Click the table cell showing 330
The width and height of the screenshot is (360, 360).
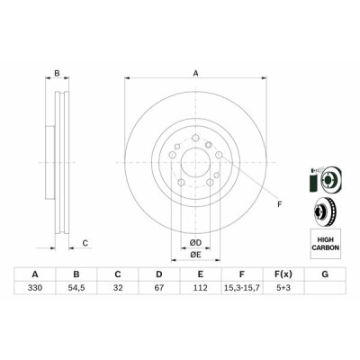point(35,288)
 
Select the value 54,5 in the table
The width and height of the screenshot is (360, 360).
point(76,288)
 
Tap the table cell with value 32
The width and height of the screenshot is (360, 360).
point(118,288)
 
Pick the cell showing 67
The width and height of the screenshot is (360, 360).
point(159,288)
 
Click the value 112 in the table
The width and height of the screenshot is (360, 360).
point(201,288)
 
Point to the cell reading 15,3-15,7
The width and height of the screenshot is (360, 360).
point(242,288)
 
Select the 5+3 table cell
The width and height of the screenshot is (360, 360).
point(283,288)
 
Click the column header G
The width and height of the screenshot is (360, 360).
point(325,274)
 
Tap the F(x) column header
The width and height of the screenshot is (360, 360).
point(283,274)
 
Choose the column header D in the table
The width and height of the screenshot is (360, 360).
point(159,274)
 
